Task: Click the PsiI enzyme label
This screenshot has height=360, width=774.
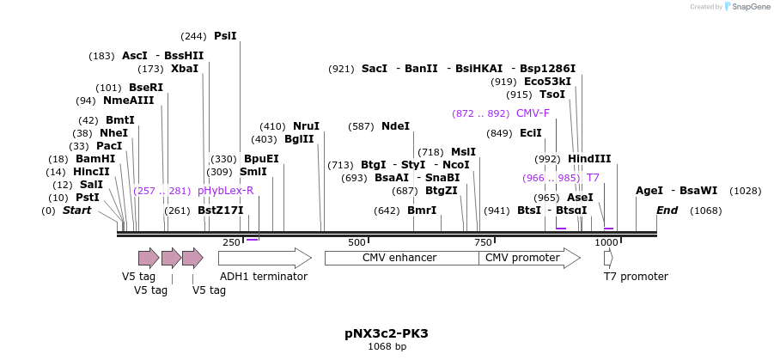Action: [225, 36]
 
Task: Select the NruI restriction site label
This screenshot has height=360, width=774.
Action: [307, 126]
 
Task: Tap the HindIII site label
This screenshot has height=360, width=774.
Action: [589, 159]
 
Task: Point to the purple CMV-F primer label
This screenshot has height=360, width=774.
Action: [533, 113]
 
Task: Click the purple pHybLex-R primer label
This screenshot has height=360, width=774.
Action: [225, 191]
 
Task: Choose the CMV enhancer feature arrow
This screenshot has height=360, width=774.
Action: [400, 258]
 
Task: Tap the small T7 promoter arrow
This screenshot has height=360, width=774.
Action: [608, 258]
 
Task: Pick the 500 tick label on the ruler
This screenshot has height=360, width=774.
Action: [357, 243]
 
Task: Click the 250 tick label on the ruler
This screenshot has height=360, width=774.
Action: [232, 243]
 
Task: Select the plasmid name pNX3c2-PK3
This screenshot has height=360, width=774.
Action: [387, 333]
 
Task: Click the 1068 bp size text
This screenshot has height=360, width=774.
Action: [387, 347]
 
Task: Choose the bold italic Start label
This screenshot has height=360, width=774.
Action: [76, 211]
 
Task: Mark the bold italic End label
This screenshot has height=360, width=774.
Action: [667, 211]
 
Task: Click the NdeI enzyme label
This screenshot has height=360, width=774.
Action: [395, 126]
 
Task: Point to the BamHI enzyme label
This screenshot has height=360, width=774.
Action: [94, 159]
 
